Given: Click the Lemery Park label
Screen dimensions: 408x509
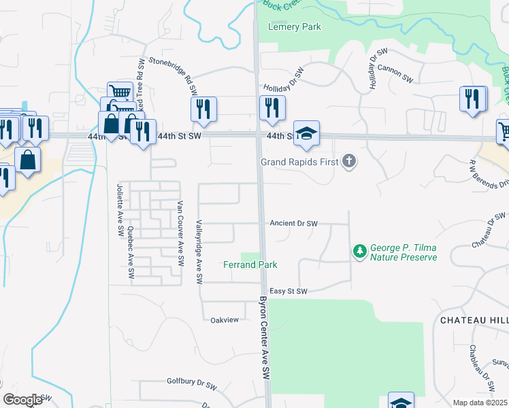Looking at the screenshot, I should (x=294, y=27).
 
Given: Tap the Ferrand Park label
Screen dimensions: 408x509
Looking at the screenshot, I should (x=250, y=264).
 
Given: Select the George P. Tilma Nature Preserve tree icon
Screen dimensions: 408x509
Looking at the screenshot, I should (x=359, y=252).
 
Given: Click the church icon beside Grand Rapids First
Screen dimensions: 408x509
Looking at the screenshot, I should (x=349, y=162).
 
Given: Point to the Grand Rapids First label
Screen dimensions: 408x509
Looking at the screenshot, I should (x=301, y=162).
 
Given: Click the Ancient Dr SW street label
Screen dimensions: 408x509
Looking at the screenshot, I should (x=294, y=223).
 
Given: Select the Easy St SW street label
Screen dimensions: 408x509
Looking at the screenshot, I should (x=289, y=291).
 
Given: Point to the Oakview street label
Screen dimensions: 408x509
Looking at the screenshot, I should (x=225, y=320).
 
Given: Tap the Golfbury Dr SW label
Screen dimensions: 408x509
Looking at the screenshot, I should (x=190, y=382).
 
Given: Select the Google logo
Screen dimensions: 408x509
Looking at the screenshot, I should (x=22, y=399).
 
